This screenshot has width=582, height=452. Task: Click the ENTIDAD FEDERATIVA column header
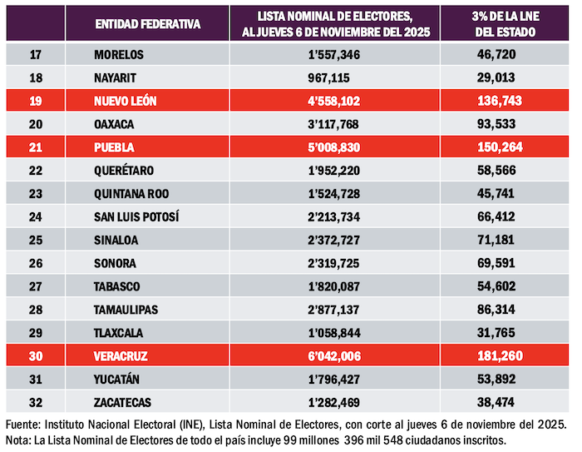(x=147, y=23)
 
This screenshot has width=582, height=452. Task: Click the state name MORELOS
(x=120, y=55)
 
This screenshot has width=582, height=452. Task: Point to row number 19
(x=36, y=101)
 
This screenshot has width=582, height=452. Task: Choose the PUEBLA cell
(x=115, y=147)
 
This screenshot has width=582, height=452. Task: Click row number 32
(x=36, y=402)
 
